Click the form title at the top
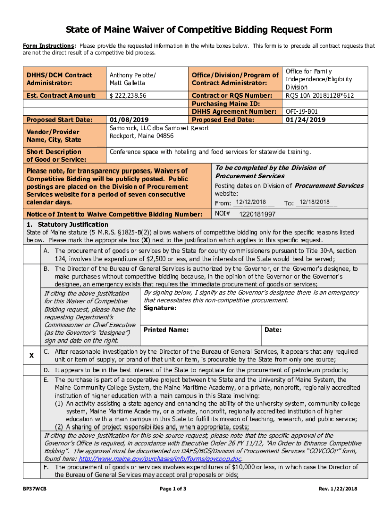point(200,30)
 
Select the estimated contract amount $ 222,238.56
point(128,95)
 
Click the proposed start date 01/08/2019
point(129,120)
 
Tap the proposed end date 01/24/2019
point(306,120)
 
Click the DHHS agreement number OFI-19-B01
point(302,111)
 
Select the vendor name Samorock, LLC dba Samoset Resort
point(159,128)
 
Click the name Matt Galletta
point(128,83)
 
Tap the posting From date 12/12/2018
point(250,202)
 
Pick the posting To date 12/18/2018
point(314,202)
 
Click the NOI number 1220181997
point(257,214)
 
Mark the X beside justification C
point(32,356)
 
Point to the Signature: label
point(160,308)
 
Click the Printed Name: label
point(166,330)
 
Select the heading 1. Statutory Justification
point(67,224)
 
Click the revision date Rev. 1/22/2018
point(338,489)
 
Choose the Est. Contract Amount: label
point(61,95)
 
